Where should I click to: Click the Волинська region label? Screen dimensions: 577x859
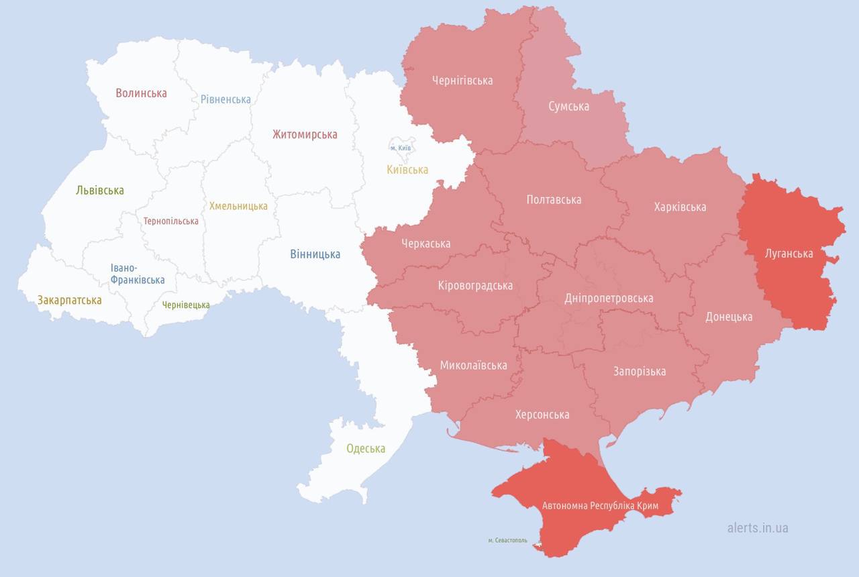(x=141, y=93)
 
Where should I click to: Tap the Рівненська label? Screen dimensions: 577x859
(x=225, y=99)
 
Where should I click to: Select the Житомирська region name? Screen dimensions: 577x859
(x=305, y=134)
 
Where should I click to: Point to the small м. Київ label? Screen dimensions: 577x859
(x=401, y=148)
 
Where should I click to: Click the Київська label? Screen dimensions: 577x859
(x=407, y=170)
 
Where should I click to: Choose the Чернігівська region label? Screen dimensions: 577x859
(x=462, y=81)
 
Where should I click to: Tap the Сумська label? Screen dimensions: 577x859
(x=568, y=106)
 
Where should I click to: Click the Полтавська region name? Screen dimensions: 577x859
(x=554, y=199)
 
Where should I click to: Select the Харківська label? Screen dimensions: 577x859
(x=680, y=207)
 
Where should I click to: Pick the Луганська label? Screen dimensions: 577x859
(x=789, y=254)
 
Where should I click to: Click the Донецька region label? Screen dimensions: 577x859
(x=729, y=317)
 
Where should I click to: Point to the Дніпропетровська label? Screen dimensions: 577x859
(x=609, y=298)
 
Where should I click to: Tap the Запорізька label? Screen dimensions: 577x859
(x=640, y=371)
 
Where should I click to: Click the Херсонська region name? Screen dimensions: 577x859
(x=542, y=415)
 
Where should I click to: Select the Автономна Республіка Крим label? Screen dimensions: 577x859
(x=600, y=505)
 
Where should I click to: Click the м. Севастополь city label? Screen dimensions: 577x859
(x=507, y=540)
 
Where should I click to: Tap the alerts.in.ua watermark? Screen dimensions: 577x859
(x=758, y=527)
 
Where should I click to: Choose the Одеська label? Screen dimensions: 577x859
(x=366, y=448)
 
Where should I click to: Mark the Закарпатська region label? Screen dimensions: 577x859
(x=70, y=300)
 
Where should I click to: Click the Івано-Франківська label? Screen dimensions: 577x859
(x=138, y=274)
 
